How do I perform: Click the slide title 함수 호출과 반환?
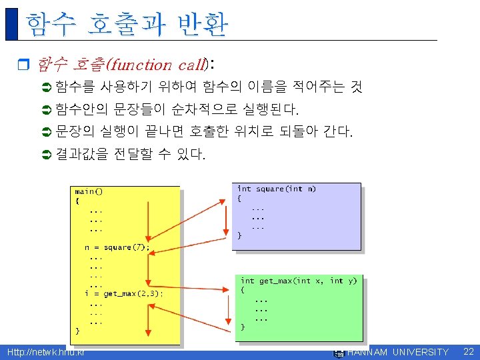[127, 25]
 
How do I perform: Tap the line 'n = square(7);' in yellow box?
[117, 247]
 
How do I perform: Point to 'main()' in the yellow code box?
[89, 191]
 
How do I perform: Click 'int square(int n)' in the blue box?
[277, 189]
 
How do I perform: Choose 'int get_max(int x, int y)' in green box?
[299, 281]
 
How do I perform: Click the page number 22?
[468, 351]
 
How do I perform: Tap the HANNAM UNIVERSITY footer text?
[398, 352]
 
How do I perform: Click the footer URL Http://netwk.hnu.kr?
[45, 352]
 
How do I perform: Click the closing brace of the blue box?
[240, 235]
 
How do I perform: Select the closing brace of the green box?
[243, 327]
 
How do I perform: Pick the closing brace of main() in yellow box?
[77, 330]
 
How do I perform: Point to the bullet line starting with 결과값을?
[131, 155]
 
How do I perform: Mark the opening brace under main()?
[77, 200]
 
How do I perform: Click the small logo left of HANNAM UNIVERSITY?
[338, 352]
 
